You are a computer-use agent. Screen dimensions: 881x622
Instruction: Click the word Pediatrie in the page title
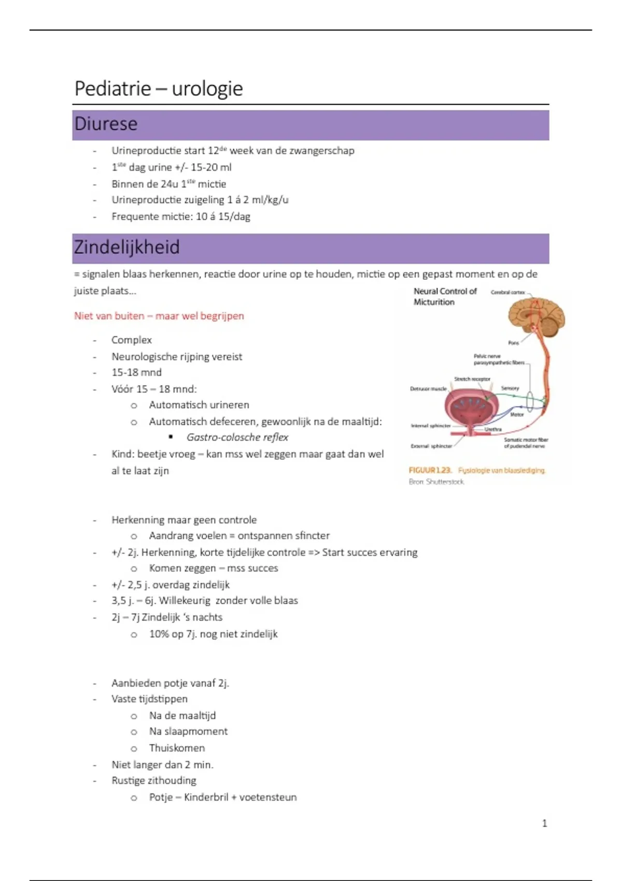point(113,89)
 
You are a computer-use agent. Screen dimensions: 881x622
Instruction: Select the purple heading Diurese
point(106,124)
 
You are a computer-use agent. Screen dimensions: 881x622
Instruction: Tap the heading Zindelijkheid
point(126,247)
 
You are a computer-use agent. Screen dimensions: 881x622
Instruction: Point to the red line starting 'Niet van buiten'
point(159,316)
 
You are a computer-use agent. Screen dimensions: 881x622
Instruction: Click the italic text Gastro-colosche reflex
point(237,437)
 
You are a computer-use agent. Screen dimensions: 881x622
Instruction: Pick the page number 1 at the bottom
point(544,823)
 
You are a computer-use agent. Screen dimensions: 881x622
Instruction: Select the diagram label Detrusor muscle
point(428,389)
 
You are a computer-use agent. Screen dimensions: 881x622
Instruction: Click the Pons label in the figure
point(513,343)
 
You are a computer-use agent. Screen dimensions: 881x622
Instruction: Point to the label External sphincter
point(431,446)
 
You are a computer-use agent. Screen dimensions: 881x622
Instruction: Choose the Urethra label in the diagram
point(493,429)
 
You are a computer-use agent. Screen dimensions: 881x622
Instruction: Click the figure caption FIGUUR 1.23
point(430,471)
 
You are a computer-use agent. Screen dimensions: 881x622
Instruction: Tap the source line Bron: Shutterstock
point(436,482)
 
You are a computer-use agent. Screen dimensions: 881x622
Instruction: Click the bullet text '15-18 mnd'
point(136,373)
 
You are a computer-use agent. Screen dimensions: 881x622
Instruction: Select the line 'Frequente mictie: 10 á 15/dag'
point(180,217)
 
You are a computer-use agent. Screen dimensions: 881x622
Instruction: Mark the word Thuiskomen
point(177,748)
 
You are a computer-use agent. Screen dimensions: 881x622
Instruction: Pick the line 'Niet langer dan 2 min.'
point(162,764)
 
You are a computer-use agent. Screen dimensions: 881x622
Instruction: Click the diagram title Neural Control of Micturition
point(445,296)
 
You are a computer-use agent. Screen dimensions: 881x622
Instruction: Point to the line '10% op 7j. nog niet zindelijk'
point(213,634)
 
